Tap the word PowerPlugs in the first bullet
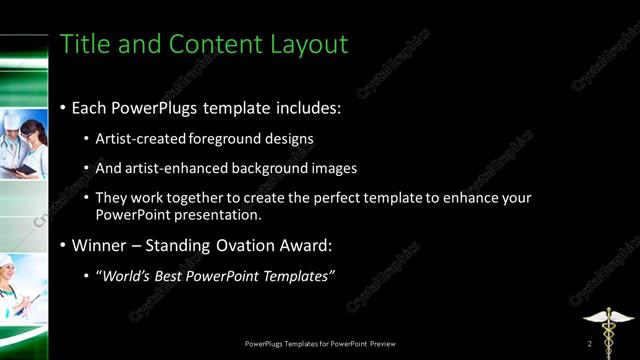[x=160, y=106]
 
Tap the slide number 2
[x=590, y=344]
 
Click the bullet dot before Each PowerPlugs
[x=63, y=107]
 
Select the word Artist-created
[x=137, y=138]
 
